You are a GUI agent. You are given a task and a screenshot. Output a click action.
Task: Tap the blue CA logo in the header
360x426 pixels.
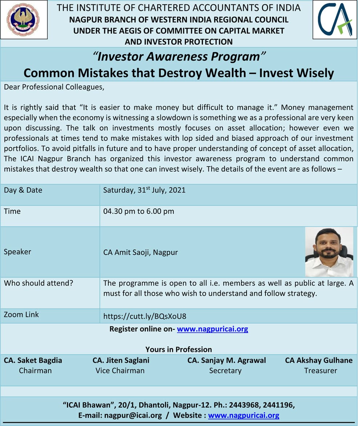(335, 20)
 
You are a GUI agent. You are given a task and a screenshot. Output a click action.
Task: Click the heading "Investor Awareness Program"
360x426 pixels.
(179, 57)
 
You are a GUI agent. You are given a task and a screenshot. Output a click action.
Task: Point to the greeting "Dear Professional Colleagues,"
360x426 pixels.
(54, 87)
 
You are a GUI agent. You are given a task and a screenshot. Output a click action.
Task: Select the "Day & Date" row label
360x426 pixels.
(23, 190)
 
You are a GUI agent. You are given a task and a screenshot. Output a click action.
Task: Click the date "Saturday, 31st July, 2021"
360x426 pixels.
(144, 190)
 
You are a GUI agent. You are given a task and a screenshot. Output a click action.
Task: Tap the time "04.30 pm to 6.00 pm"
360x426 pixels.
(139, 211)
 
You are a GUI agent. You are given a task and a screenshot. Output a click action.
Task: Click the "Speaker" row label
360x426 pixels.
(17, 252)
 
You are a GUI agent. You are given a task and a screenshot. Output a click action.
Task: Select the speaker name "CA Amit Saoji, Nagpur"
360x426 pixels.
(140, 252)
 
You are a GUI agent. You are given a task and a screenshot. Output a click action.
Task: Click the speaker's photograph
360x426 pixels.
(329, 252)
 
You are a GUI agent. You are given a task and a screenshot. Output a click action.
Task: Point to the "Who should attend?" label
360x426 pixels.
(38, 283)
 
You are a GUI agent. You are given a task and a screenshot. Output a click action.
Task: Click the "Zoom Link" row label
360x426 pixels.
(21, 315)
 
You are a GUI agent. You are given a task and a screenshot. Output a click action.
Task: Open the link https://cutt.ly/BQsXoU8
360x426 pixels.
(145, 316)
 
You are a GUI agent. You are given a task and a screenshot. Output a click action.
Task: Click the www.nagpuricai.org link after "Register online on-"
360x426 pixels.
(213, 329)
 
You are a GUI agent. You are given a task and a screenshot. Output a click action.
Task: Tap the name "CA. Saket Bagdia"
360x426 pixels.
(33, 361)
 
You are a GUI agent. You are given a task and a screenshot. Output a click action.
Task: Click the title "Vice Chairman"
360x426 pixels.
(120, 371)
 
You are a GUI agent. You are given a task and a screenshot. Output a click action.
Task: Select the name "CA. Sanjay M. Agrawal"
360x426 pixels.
(227, 361)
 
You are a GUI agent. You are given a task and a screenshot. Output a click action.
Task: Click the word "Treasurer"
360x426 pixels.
(321, 371)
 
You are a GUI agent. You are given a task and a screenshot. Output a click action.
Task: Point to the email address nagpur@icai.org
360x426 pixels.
(133, 415)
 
